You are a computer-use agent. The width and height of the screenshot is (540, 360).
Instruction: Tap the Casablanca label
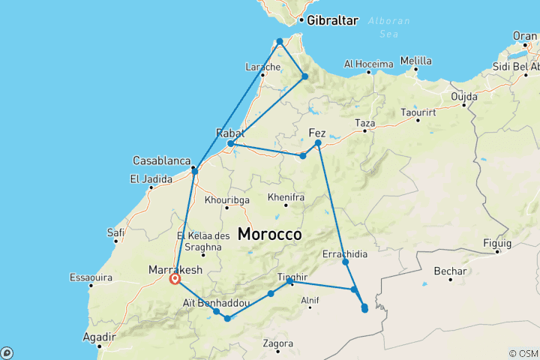(160, 160)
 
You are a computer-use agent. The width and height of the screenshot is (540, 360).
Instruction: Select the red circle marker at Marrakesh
(175, 279)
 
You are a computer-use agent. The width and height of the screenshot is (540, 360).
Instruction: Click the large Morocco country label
(269, 234)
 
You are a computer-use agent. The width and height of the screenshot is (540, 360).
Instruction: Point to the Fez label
(317, 133)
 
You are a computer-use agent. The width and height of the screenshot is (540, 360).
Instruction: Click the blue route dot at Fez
(318, 142)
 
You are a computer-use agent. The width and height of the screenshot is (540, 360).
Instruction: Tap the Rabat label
(230, 133)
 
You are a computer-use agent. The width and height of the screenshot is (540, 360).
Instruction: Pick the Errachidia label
(345, 254)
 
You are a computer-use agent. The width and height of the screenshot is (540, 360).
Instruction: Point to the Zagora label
(278, 343)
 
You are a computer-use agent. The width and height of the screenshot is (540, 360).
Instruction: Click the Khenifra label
(286, 197)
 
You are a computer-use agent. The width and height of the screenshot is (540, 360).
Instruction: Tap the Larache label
(262, 67)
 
